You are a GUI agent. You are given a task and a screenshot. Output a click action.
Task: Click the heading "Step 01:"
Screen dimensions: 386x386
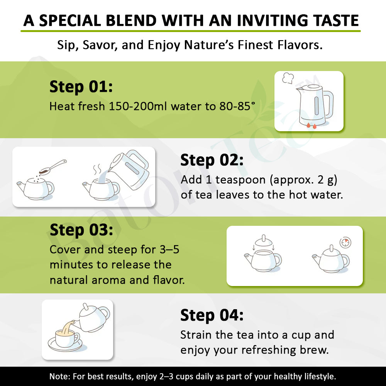tap(81, 87)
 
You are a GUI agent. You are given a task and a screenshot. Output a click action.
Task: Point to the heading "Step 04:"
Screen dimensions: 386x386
tap(212, 315)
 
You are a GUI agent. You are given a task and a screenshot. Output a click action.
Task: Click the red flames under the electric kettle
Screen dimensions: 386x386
tap(312, 126)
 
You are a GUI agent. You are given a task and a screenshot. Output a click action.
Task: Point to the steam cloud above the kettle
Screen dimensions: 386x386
tap(288, 78)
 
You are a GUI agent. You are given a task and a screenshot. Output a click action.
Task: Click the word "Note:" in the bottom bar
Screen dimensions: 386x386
tap(60, 376)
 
